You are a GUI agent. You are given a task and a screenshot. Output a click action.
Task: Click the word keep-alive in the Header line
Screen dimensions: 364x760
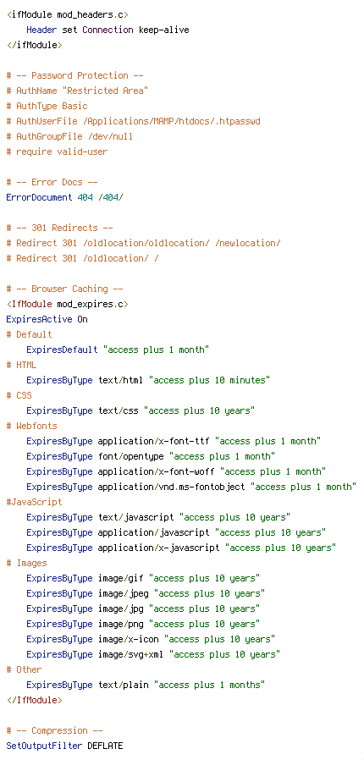tap(164, 30)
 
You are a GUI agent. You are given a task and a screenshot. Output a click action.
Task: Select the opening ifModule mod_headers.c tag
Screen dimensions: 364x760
tap(68, 14)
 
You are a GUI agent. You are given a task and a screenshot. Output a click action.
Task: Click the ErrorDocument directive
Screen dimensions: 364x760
tap(39, 197)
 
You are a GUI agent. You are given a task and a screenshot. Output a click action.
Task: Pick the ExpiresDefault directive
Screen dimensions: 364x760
tap(62, 350)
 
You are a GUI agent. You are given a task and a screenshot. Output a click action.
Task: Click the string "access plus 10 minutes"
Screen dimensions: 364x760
tap(209, 380)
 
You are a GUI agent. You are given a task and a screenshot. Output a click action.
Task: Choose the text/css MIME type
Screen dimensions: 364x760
tap(118, 410)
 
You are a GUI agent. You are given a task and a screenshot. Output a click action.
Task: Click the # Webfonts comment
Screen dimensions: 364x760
tap(31, 426)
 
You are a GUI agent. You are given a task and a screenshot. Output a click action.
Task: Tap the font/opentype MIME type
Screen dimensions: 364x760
tap(130, 456)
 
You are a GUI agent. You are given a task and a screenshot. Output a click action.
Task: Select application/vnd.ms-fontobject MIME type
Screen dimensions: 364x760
tap(171, 487)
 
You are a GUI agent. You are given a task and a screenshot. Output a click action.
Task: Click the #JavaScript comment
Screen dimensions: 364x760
tap(34, 502)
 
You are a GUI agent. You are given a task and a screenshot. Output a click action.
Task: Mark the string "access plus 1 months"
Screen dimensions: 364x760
tap(209, 685)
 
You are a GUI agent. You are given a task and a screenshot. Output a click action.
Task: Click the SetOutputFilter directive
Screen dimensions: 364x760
tap(44, 746)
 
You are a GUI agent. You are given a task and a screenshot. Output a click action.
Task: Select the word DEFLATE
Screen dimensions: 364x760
tap(105, 746)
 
